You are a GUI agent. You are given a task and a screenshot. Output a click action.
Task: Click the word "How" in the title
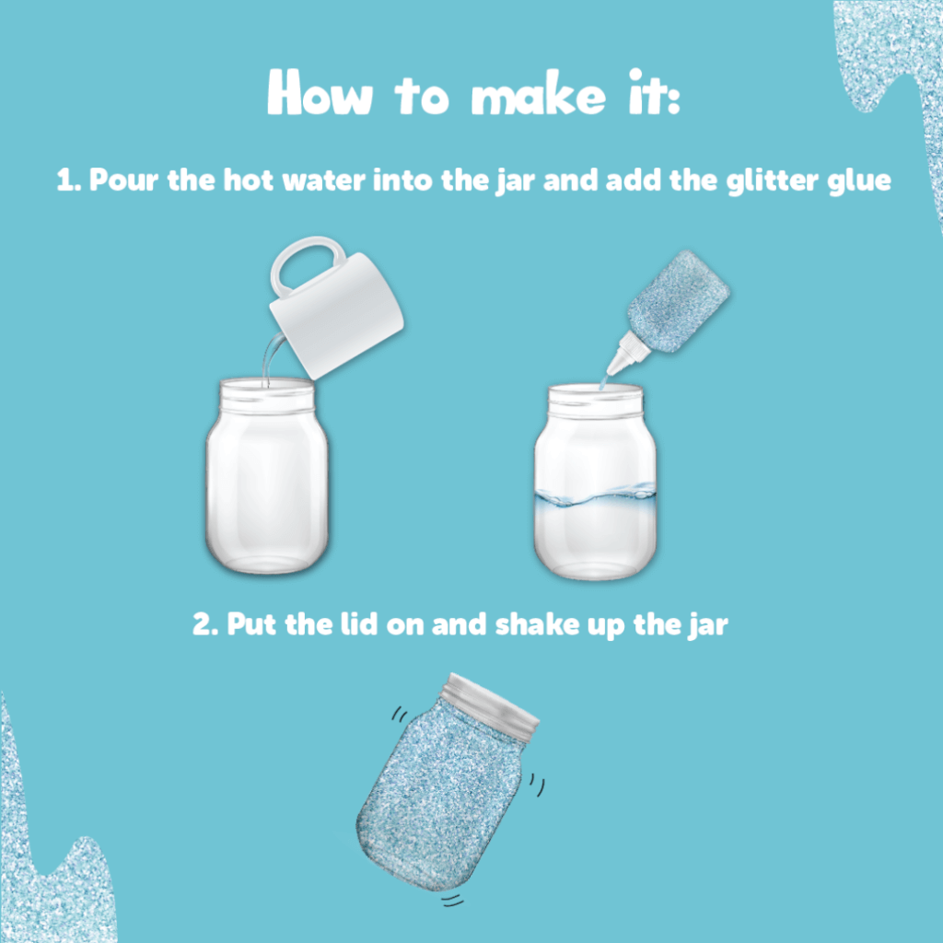coord(320,92)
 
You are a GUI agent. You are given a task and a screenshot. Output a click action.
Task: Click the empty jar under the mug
coord(267,475)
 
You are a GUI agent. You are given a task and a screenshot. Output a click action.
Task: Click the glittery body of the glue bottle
coord(679,301)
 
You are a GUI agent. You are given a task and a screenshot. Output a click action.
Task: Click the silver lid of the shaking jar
coord(491,704)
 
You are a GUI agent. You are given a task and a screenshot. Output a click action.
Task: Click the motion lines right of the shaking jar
coord(537,786)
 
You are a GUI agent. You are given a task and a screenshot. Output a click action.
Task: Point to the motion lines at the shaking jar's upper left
coord(400,715)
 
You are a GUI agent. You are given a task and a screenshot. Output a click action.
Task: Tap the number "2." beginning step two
coord(205,624)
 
